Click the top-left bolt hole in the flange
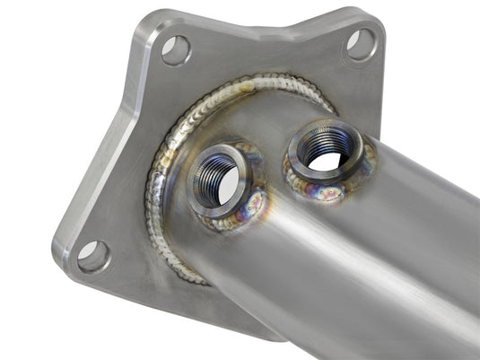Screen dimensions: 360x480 175,49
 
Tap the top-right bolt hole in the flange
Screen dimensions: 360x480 360,43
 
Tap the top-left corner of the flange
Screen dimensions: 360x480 143,17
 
